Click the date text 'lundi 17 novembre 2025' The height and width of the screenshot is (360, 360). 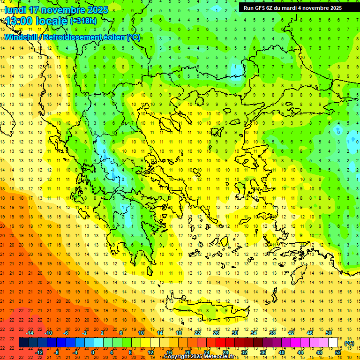pos(56,10)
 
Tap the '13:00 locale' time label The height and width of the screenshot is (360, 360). pos(37,21)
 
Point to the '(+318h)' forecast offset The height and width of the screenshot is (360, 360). pos(83,21)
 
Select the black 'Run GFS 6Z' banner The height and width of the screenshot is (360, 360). pos(292,8)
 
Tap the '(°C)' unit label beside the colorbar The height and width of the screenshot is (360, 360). pos(349,343)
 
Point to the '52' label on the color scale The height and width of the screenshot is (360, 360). pos(338,352)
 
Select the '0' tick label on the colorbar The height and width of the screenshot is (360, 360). pos(93,352)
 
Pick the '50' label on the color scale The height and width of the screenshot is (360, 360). pos(329,333)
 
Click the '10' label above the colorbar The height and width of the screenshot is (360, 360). pos(141,333)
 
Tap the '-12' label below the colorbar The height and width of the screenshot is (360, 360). pos(39,352)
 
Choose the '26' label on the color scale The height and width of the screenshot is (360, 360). pos(216,333)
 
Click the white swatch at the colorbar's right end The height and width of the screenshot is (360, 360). pos(333,343)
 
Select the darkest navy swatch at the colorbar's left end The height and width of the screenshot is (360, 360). pos(23,343)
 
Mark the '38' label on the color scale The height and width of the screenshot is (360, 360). pos(272,333)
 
